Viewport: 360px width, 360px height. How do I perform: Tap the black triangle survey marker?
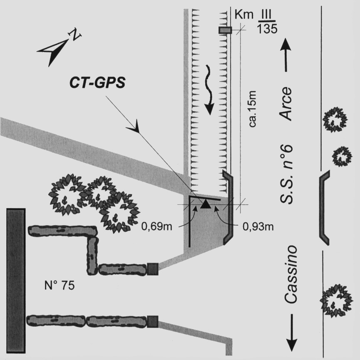[x=205, y=204]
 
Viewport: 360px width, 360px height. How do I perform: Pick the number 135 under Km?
[x=266, y=29]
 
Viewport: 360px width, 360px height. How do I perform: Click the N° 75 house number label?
[x=60, y=286]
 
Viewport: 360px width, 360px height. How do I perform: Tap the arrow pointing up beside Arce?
[x=286, y=56]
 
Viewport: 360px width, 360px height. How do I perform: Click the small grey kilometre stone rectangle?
[x=225, y=30]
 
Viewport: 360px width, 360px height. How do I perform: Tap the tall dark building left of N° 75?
[x=16, y=281]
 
